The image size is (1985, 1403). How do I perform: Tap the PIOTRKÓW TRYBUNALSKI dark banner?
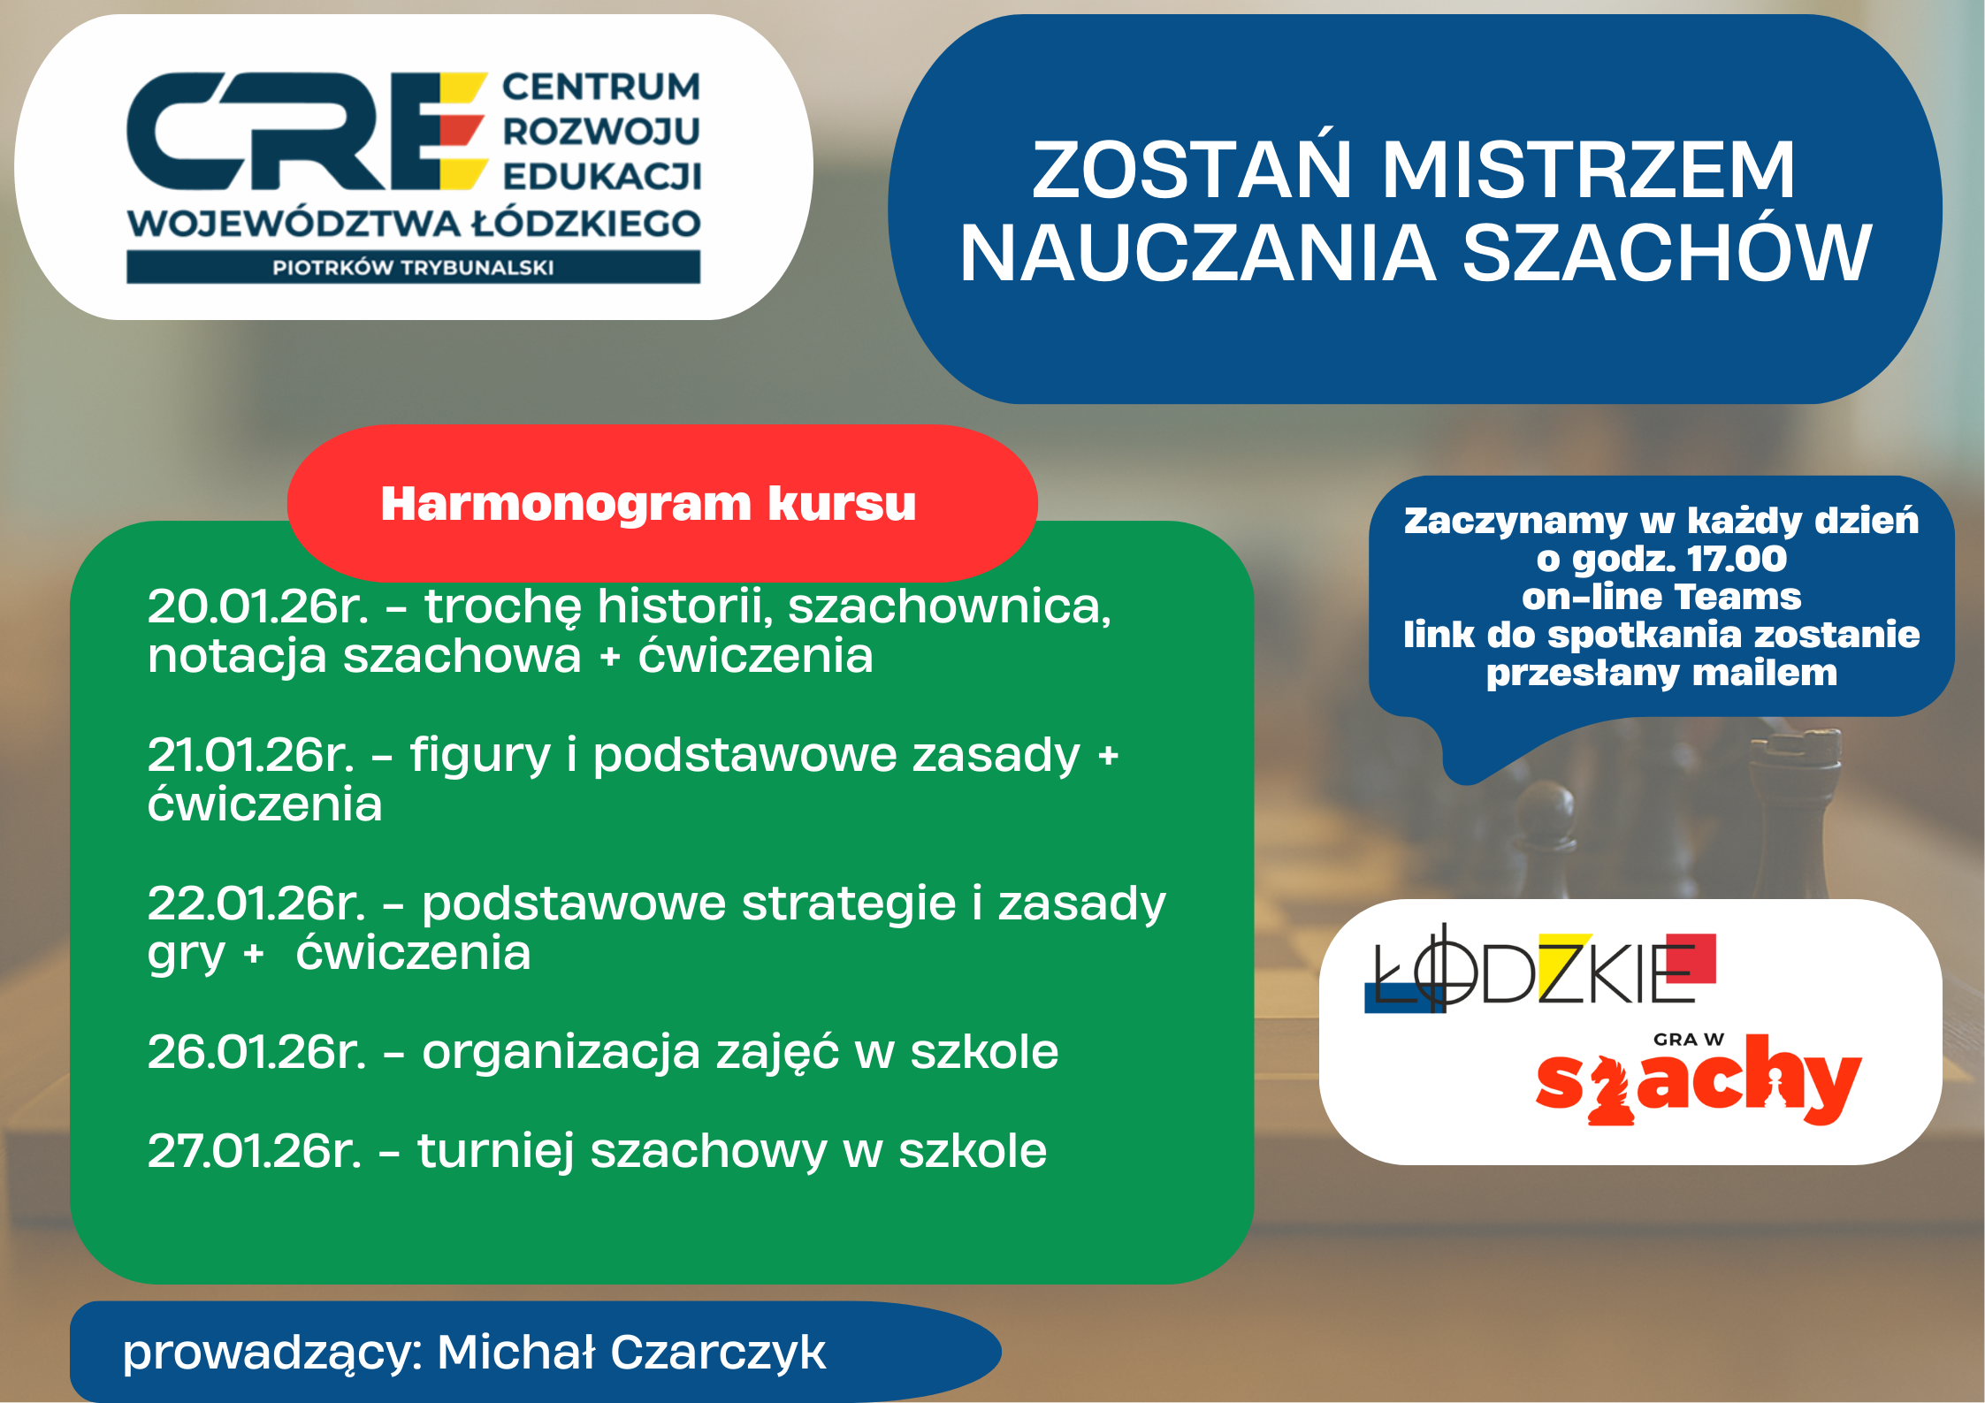[413, 267]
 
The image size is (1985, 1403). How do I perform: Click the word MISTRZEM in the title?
[1588, 170]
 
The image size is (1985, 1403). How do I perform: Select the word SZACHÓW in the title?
[1667, 254]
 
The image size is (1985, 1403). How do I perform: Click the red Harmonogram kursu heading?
[648, 504]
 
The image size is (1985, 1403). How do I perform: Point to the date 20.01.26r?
[257, 606]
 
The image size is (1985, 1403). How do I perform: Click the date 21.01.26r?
[251, 755]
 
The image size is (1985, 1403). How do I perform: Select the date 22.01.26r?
[256, 904]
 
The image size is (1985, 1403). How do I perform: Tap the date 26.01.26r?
[256, 1052]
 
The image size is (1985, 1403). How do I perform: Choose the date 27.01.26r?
[255, 1151]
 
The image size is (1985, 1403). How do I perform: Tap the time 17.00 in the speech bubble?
[1737, 559]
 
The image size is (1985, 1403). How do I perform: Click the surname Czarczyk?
[717, 1353]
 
